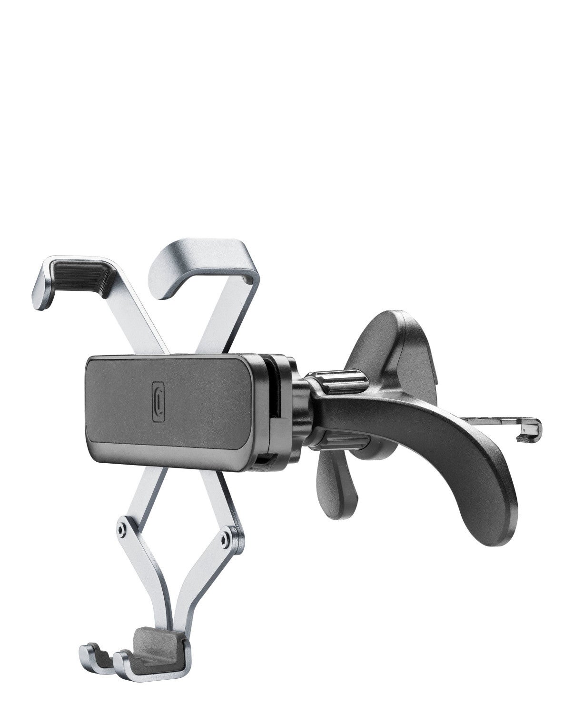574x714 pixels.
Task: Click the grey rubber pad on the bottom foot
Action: pyautogui.click(x=151, y=639)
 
